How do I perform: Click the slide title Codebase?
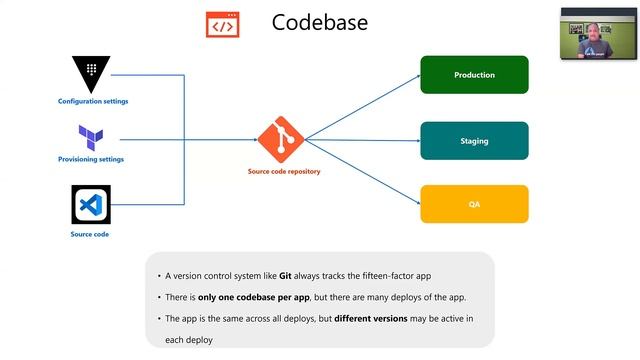point(319,23)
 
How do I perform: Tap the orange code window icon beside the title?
point(222,24)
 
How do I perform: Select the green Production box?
point(474,75)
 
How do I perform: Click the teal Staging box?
point(474,141)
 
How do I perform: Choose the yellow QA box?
point(474,204)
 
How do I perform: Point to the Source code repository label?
point(284,171)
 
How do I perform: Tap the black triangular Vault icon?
point(92,73)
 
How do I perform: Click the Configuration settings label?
point(93,101)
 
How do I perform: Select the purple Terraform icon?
point(91,137)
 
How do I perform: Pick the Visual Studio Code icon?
point(91,205)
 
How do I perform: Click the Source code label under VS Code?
point(90,234)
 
